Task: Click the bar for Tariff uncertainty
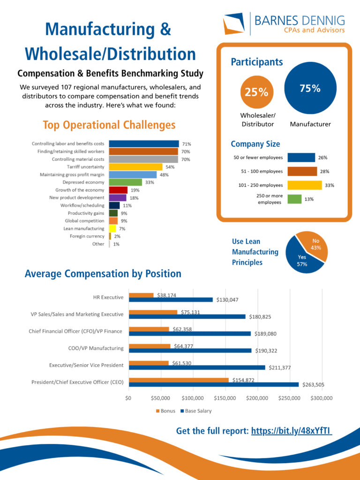(x=135, y=167)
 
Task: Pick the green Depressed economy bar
(x=125, y=182)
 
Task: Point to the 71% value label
(x=187, y=144)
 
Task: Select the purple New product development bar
(x=117, y=198)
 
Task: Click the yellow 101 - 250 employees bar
(x=305, y=185)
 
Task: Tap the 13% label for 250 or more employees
(x=309, y=199)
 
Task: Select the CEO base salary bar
(x=214, y=385)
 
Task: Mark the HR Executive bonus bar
(x=141, y=295)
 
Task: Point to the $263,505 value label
(x=313, y=385)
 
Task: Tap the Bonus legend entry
(x=165, y=411)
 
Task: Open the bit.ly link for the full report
(x=292, y=431)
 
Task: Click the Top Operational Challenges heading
(x=109, y=125)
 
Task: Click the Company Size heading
(x=255, y=144)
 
